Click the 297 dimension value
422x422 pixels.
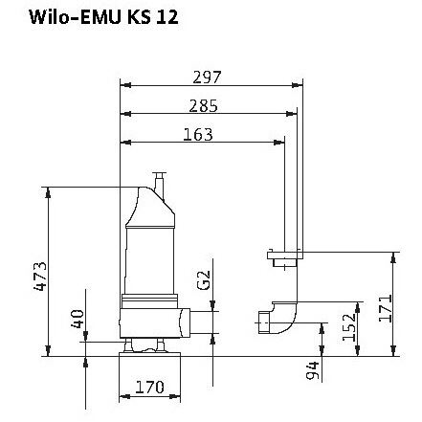[x=207, y=78]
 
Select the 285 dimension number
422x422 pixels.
[x=203, y=106]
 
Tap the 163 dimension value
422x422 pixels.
[x=198, y=135]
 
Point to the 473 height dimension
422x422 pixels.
[x=40, y=277]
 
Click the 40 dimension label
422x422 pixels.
[x=77, y=319]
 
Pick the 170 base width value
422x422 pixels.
[x=149, y=387]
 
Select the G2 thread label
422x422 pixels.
[x=204, y=280]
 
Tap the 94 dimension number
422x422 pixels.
[x=312, y=370]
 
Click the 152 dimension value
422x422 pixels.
[x=348, y=327]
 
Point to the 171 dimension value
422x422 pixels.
[x=385, y=308]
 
